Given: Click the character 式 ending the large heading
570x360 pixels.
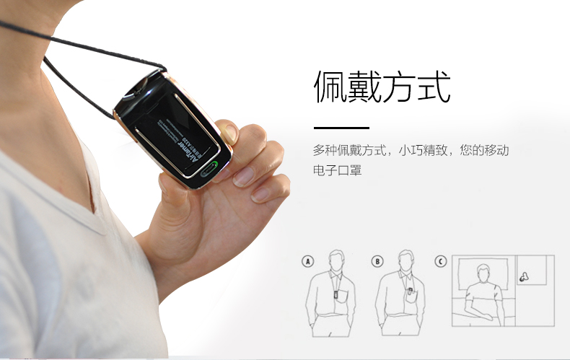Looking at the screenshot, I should (x=434, y=88).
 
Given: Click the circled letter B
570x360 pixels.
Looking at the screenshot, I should (x=377, y=261).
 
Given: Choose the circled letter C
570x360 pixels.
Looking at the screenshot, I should (x=441, y=261).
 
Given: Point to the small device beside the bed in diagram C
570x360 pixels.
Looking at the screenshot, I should (x=523, y=275).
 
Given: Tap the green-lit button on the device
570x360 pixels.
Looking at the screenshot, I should (x=211, y=170).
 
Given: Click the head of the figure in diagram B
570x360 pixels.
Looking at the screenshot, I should (x=406, y=260).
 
